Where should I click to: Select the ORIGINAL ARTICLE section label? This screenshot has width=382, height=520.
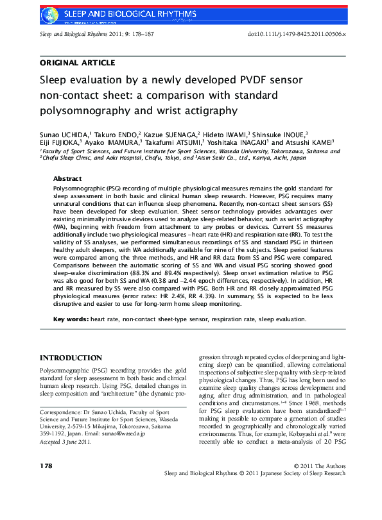coord(78,63)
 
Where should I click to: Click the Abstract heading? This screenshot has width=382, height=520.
coord(67,178)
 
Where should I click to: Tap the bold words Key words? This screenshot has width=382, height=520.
coord(71,319)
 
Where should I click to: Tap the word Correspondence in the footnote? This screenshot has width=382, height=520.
coord(61,411)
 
